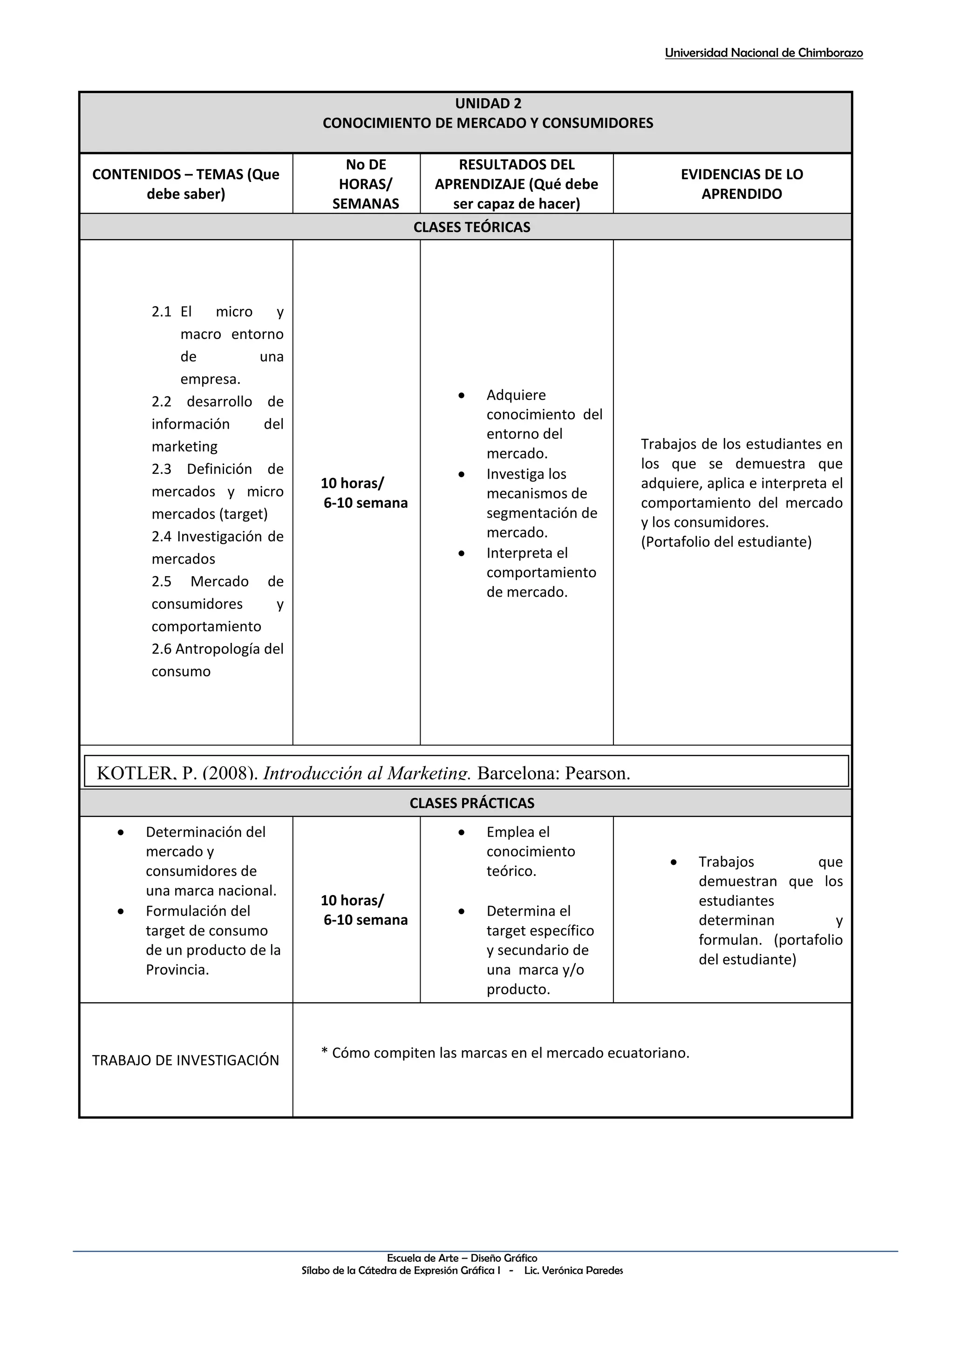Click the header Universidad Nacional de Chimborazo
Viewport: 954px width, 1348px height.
point(763,53)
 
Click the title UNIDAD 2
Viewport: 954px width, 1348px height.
point(488,103)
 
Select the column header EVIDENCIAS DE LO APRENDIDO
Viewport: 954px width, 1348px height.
point(741,184)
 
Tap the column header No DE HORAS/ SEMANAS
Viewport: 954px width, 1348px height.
point(365,184)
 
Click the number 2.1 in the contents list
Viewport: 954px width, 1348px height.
point(161,312)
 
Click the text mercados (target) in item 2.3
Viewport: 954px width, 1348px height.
point(209,514)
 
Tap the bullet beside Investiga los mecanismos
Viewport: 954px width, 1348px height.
point(462,474)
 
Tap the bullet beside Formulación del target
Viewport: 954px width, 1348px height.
point(121,911)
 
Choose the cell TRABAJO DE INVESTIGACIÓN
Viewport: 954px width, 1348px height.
point(186,1060)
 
